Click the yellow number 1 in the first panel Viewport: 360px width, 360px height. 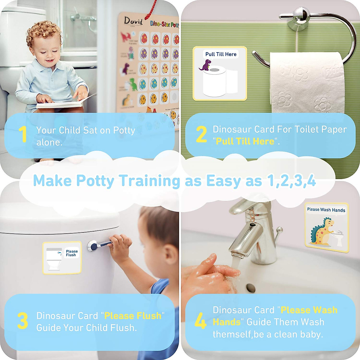click(23, 134)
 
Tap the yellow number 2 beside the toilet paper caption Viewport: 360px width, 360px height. click(201, 134)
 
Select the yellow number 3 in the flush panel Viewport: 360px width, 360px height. click(22, 320)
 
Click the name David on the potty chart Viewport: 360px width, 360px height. click(133, 21)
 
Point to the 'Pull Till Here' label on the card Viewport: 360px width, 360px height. click(221, 54)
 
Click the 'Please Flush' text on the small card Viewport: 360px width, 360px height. click(71, 253)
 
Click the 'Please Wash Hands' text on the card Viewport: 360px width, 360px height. click(326, 210)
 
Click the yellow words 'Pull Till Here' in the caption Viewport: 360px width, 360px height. click(245, 141)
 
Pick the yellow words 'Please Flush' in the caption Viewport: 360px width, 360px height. click(133, 316)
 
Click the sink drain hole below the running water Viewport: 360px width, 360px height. click(251, 288)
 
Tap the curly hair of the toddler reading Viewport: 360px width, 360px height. click(44, 31)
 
